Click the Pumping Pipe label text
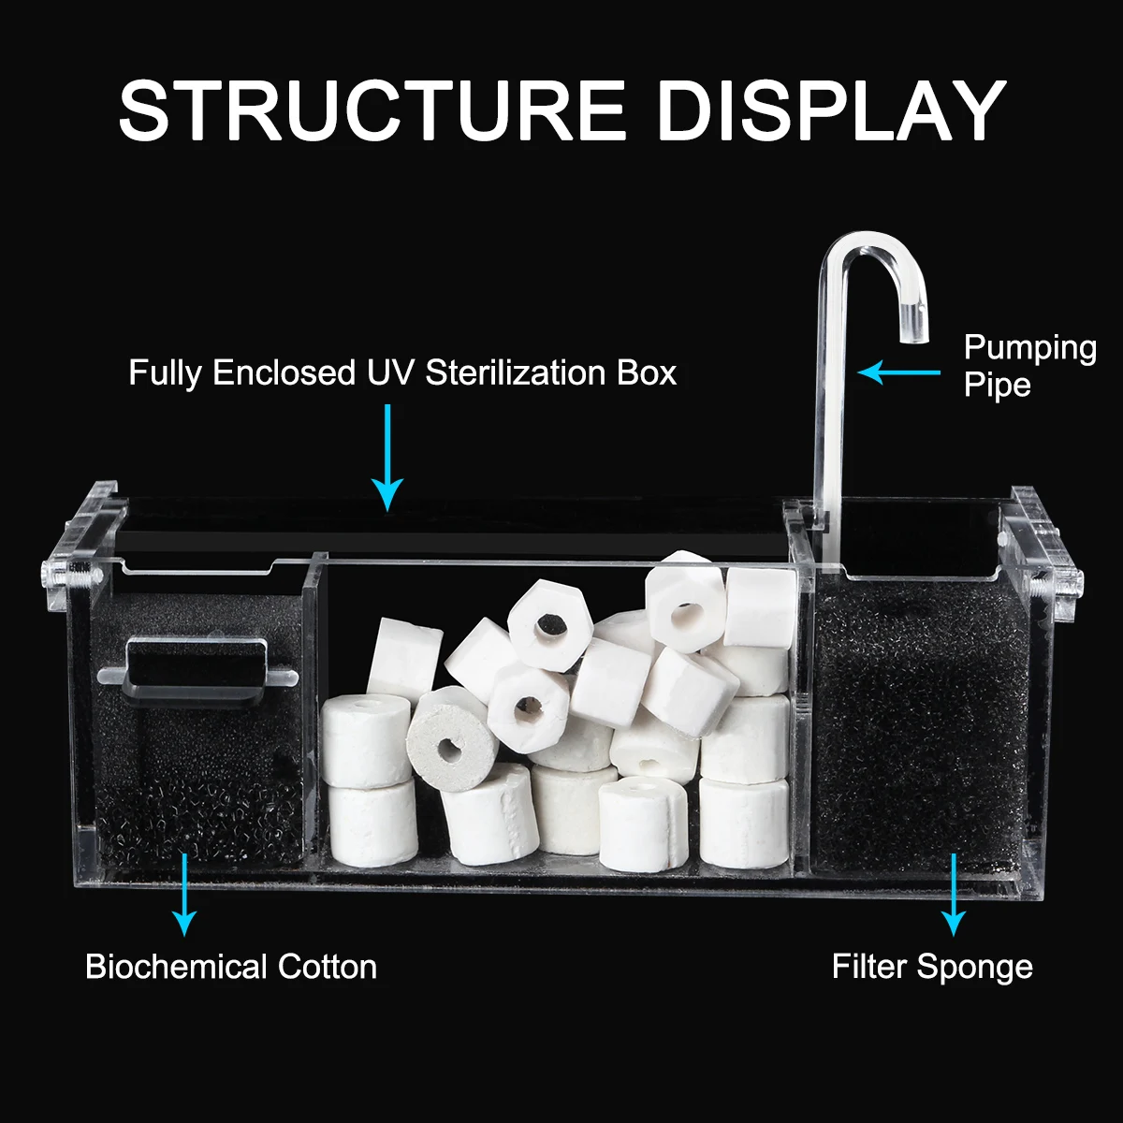[x=1029, y=366]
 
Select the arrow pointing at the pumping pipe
[x=898, y=372]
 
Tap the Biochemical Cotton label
[x=231, y=967]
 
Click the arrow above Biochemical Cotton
[x=184, y=895]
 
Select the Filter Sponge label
[x=932, y=969]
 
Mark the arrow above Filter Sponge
[x=954, y=895]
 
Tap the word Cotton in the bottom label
[x=327, y=967]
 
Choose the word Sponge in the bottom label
[x=974, y=970]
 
